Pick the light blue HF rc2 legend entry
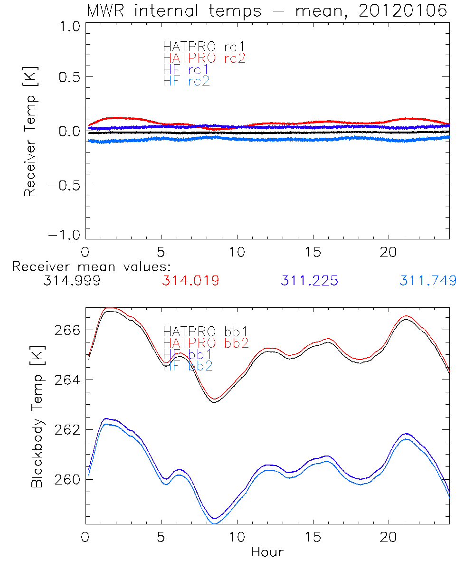point(186,81)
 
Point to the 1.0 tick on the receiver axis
point(68,27)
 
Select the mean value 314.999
point(72,281)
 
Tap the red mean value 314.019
point(190,281)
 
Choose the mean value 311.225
point(309,281)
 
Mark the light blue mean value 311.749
point(428,281)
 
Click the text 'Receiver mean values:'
point(91,266)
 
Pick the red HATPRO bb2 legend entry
point(206,342)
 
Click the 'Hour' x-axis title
point(267,552)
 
